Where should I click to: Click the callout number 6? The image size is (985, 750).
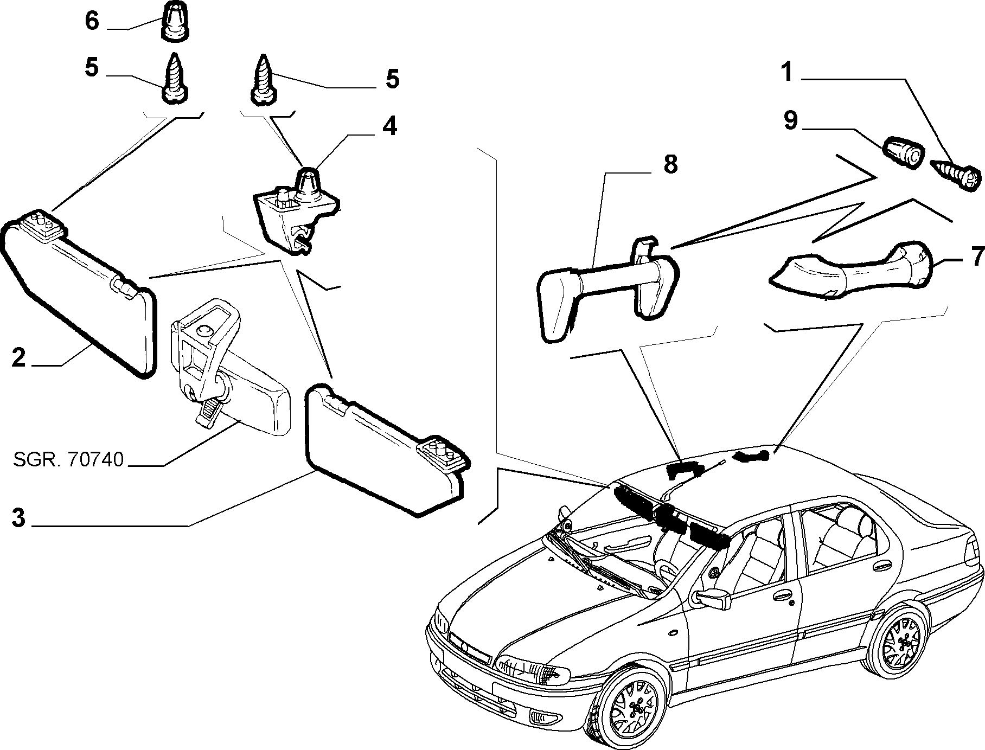coord(92,21)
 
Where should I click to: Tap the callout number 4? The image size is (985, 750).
coord(389,126)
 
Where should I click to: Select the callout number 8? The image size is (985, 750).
coord(670,164)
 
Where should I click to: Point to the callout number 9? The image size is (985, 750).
coord(790,120)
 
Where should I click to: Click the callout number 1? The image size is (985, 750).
coord(786,72)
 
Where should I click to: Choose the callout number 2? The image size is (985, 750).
coord(18,357)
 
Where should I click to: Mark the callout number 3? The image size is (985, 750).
coord(18,518)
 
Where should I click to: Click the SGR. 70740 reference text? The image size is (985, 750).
coord(68,445)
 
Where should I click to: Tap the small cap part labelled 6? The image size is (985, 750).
coord(175,21)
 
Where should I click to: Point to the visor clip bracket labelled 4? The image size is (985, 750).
coord(296,207)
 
